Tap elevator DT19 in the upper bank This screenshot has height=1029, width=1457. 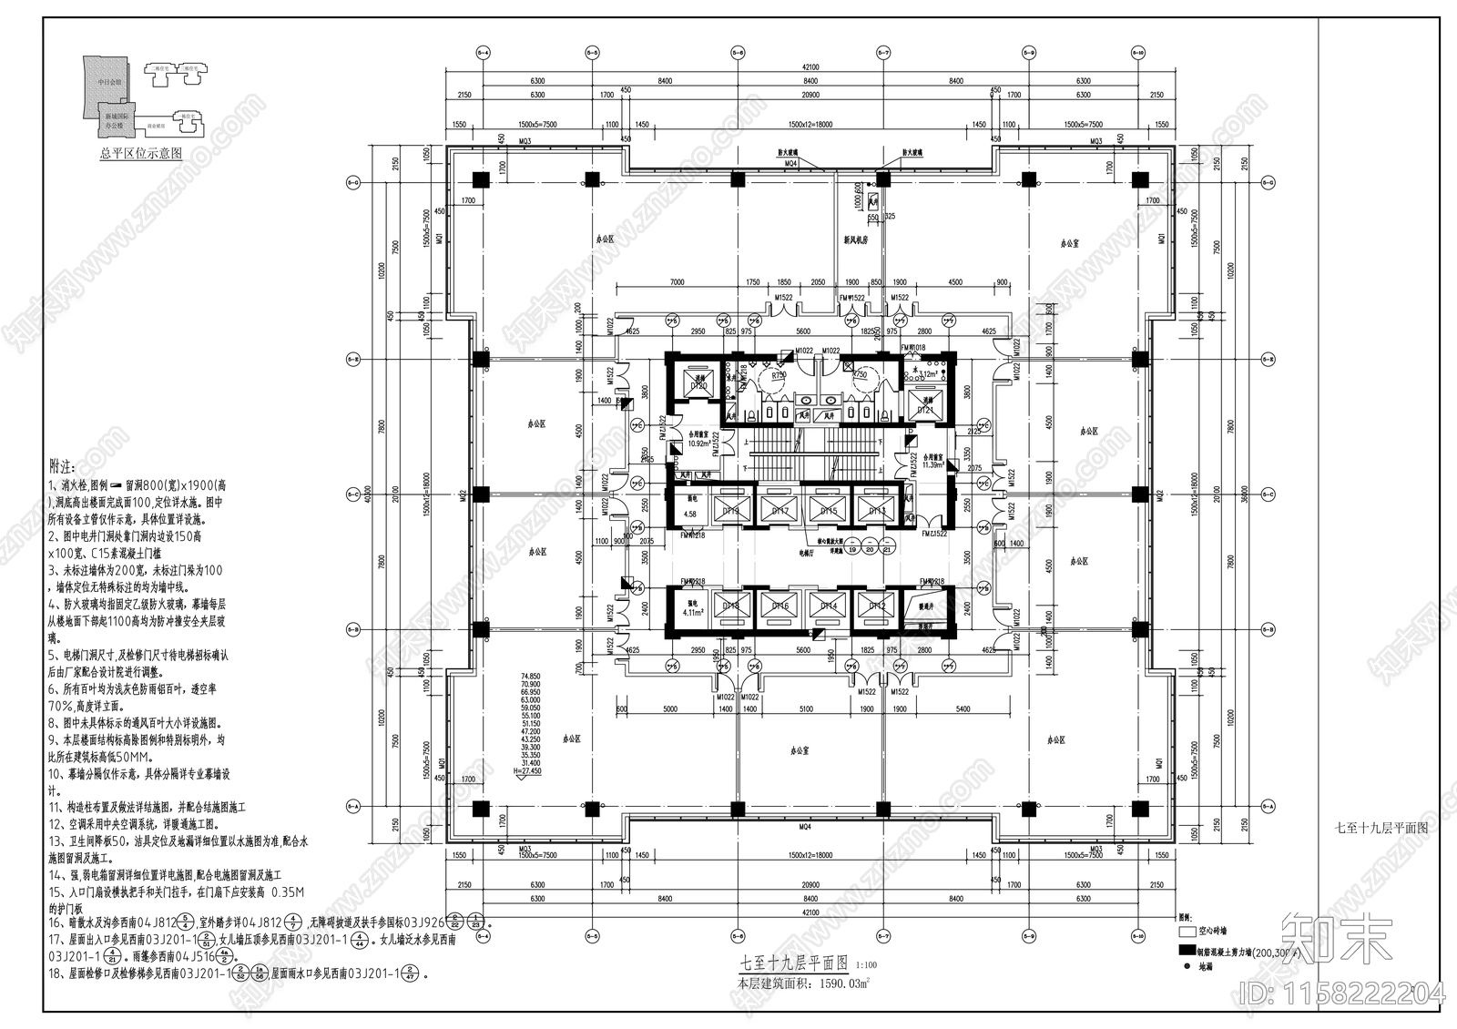[x=731, y=511]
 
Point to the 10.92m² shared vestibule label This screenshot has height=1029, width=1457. [x=699, y=443]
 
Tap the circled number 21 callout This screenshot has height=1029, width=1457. [x=887, y=549]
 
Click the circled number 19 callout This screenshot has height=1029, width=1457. [x=852, y=549]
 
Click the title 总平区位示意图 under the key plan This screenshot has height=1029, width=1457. [x=140, y=154]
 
